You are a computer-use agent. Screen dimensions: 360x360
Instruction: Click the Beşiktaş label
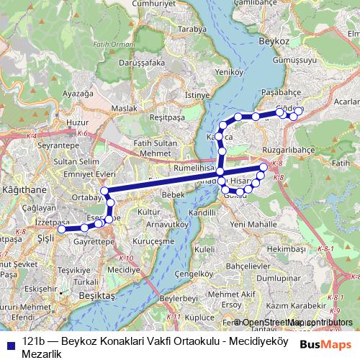click(99, 296)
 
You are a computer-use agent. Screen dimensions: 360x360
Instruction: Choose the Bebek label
click(174, 195)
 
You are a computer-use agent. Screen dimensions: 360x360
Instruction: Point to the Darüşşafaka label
click(137, 63)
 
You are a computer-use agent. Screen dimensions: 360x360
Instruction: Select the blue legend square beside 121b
click(9, 343)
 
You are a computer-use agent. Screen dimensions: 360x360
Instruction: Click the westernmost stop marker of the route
click(62, 230)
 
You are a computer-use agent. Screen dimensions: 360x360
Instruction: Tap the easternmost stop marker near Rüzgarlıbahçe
click(264, 168)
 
